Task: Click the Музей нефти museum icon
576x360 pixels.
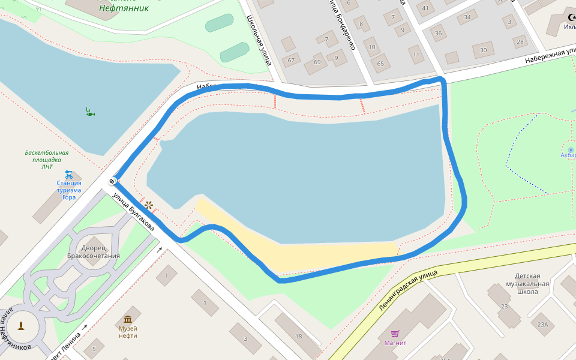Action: [x=128, y=319]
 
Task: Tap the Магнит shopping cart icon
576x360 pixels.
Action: [x=395, y=334]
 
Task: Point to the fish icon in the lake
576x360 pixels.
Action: [x=89, y=112]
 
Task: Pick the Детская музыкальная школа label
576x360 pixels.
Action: [x=532, y=284]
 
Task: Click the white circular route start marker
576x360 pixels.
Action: [x=112, y=181]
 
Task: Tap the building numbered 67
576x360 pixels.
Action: [x=292, y=60]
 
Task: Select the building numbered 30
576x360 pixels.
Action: [x=483, y=50]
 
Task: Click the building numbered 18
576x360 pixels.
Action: [x=298, y=337]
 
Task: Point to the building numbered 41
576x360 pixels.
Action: [x=426, y=8]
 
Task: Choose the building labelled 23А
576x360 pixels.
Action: [x=543, y=324]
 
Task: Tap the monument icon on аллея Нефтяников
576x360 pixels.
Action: [x=22, y=326]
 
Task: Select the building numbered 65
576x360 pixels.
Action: [x=380, y=63]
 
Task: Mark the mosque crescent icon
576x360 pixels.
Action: [x=571, y=17]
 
